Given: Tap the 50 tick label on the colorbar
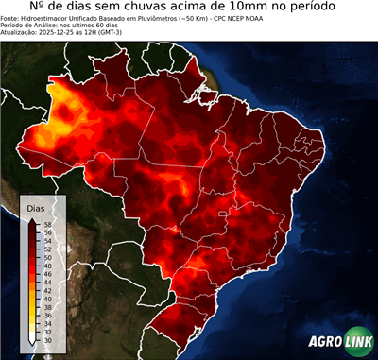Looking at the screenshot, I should pyautogui.click(x=47, y=253).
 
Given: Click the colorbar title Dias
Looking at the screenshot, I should pyautogui.click(x=36, y=207).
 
